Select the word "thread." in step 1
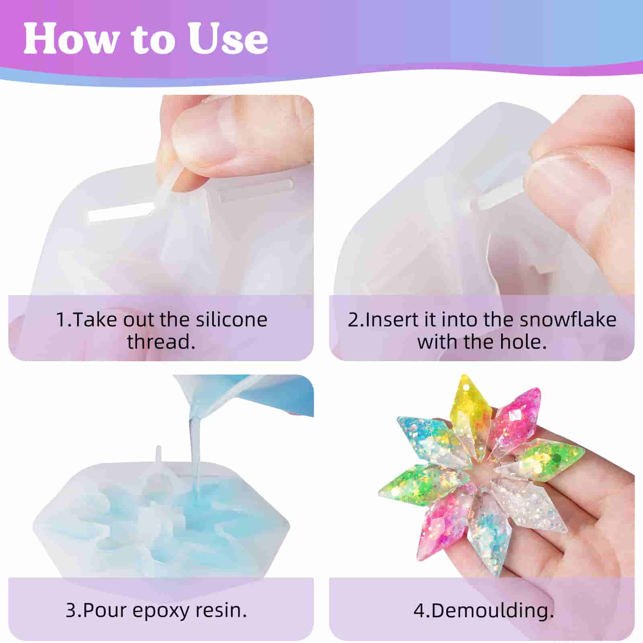(161, 342)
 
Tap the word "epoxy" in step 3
(161, 610)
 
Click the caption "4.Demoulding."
(483, 610)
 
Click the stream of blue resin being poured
(195, 450)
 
